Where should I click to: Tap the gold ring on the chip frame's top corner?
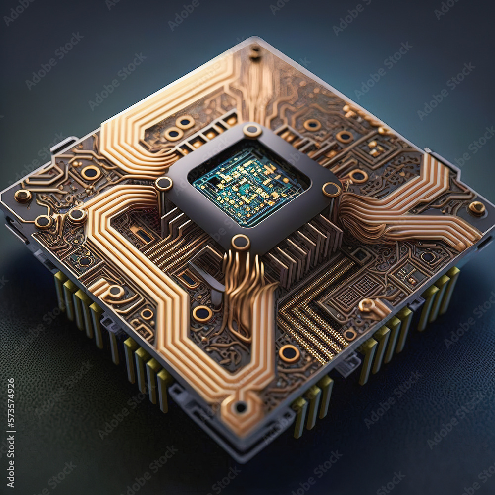[x=252, y=131]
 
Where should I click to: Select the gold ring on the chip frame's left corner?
[x=164, y=184]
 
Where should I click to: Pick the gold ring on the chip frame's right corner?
[x=331, y=189]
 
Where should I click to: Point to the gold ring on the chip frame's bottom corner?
[x=241, y=242]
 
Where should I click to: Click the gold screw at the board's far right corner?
[x=476, y=208]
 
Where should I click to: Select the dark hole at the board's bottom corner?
[x=241, y=407]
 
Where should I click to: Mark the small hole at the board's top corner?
[x=255, y=52]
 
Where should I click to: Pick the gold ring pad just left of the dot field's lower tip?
[x=289, y=353]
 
